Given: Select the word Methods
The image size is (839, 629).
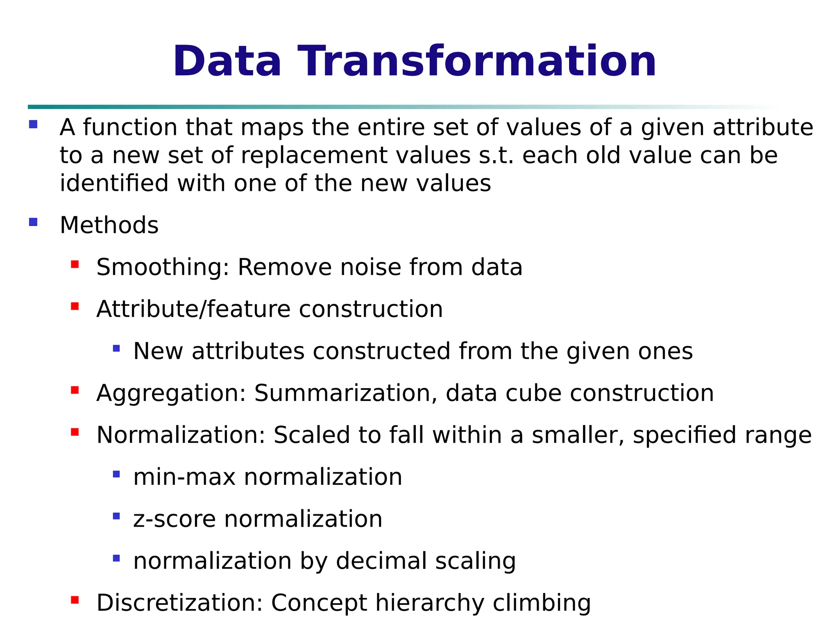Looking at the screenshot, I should (109, 225).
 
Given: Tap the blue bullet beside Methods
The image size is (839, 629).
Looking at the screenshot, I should (34, 222).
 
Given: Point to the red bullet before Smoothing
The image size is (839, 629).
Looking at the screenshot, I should (75, 265).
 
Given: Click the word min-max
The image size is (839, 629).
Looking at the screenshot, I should (184, 477).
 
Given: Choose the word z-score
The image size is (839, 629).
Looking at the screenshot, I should (174, 519).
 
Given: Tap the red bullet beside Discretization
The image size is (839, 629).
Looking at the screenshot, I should (75, 600).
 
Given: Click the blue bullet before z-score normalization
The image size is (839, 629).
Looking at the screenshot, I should (116, 516).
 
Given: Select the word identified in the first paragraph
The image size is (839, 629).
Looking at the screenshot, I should (114, 183).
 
